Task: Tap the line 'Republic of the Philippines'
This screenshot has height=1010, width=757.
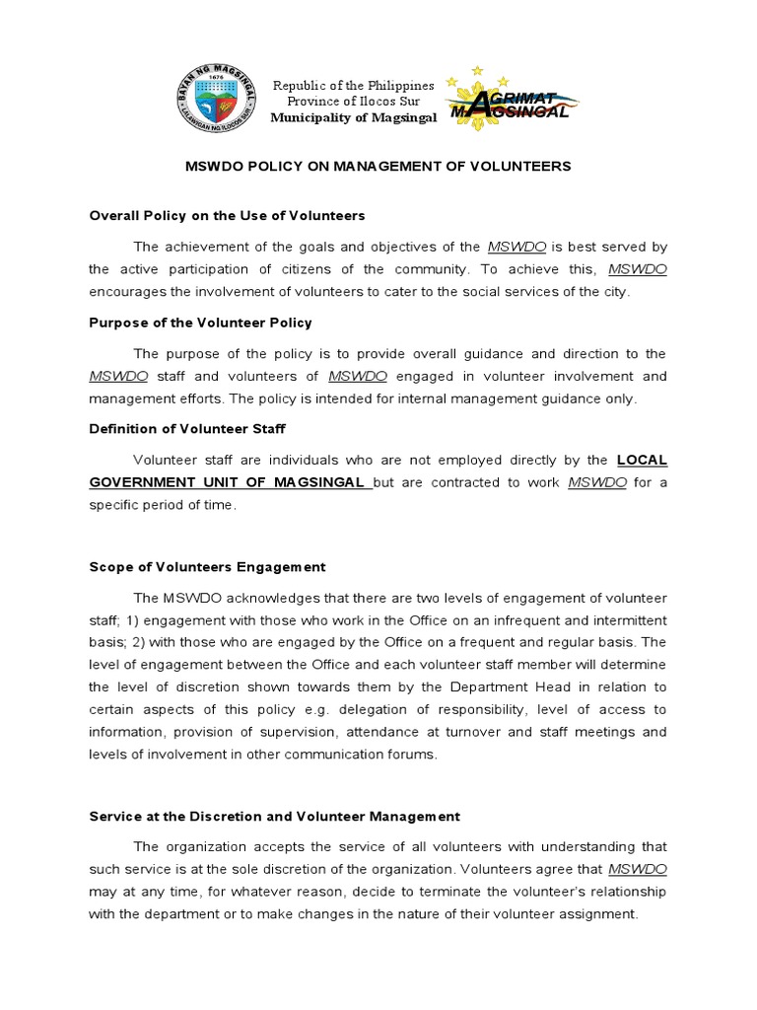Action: coord(353,86)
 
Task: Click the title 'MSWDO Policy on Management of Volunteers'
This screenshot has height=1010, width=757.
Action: coord(378,167)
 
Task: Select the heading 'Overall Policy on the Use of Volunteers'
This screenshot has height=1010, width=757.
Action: coord(227,215)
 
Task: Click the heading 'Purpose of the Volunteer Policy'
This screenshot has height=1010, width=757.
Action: coord(200,323)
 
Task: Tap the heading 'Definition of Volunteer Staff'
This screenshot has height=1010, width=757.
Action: coord(187,429)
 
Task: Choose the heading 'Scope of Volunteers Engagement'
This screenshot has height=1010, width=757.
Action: coord(207,567)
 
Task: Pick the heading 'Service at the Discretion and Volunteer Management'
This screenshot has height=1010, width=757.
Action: coord(274,816)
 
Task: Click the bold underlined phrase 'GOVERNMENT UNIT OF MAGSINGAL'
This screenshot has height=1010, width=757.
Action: coord(230,482)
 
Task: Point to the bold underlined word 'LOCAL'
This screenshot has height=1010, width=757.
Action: coord(642,460)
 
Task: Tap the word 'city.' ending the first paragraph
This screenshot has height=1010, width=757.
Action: coord(610,292)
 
